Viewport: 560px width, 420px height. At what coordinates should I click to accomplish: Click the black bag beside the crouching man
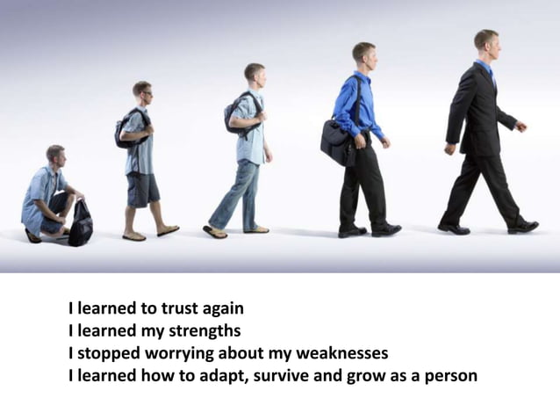[82, 223]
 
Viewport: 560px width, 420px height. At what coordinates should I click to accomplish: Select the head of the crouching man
[56, 156]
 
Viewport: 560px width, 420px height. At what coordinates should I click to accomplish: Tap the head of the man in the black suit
[485, 41]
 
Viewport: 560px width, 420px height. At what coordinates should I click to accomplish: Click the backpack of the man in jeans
[232, 111]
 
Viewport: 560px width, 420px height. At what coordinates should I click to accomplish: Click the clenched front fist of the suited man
[521, 127]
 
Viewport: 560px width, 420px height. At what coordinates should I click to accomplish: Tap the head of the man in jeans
[255, 73]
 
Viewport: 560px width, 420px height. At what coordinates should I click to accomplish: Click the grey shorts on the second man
[142, 188]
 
